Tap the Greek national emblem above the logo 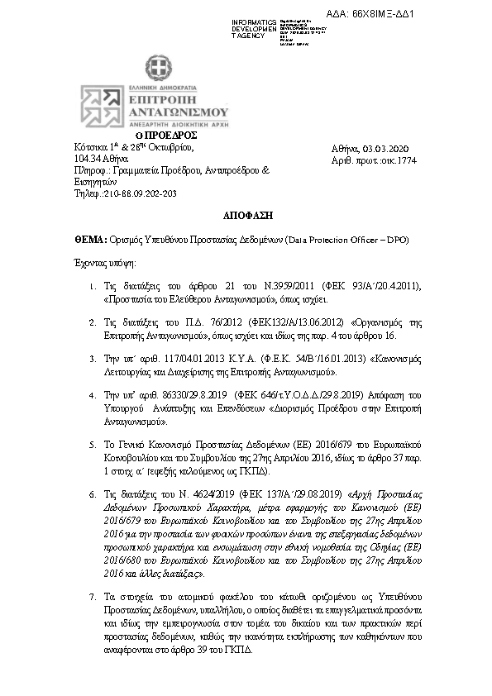coord(157,66)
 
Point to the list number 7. coord(93,619)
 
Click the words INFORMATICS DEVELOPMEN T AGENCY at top coord(256,27)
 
